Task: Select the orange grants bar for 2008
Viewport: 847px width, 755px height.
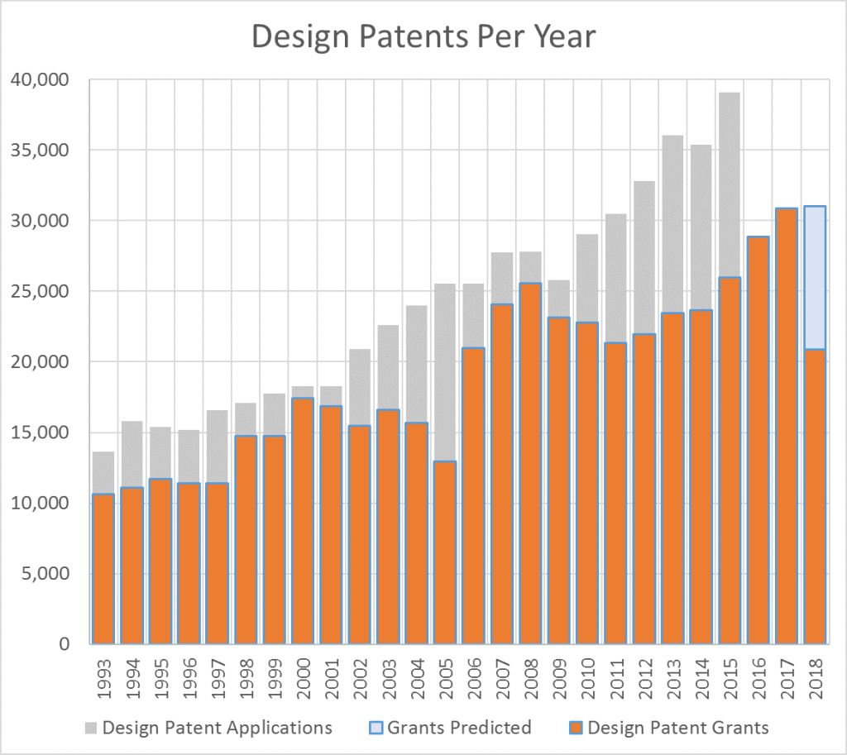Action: [530, 463]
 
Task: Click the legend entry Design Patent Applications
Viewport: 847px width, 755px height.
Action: [208, 728]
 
